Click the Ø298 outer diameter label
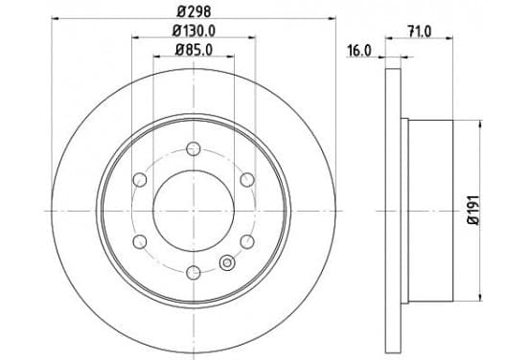194,12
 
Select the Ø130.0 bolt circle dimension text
194,32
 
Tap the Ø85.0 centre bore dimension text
194,51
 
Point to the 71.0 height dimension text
420,32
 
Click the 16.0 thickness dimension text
359,52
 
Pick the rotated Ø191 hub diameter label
473,210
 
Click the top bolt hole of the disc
194,148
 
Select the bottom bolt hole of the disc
194,272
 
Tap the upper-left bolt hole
140,180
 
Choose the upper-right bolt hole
247,180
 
